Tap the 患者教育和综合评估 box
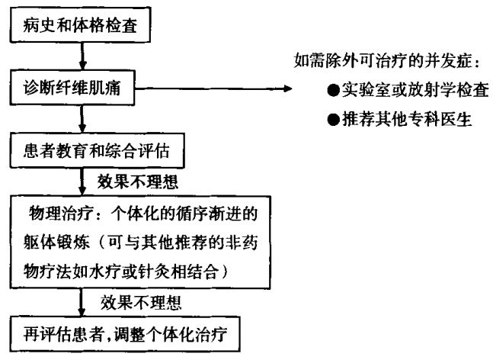[x=98, y=152]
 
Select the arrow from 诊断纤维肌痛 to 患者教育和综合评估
[x=82, y=121]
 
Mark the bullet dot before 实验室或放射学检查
[x=334, y=92]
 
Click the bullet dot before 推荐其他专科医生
[x=334, y=121]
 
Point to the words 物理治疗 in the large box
[x=54, y=211]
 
